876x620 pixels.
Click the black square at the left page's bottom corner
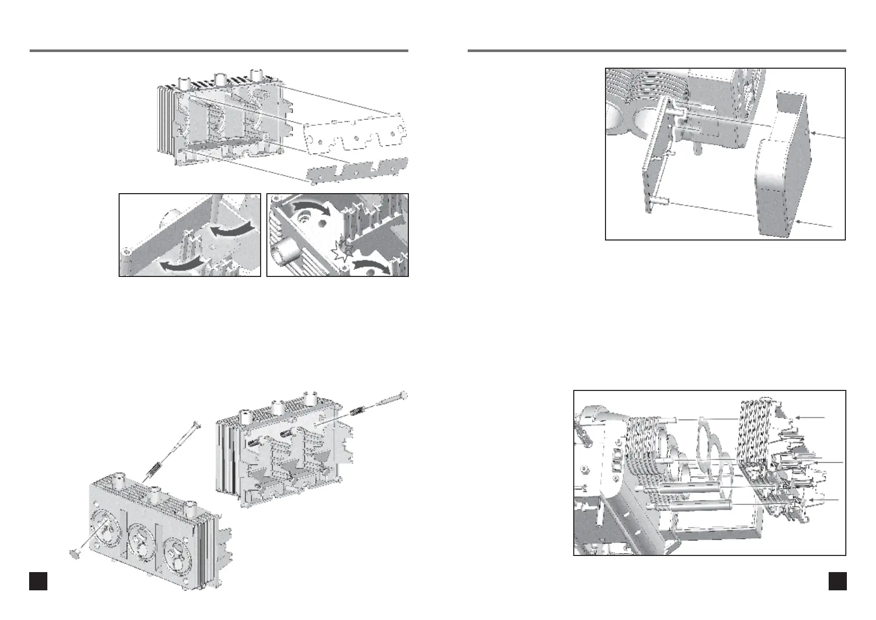[38, 581]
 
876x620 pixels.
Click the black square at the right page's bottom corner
[837, 581]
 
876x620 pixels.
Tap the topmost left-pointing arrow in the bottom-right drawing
[811, 417]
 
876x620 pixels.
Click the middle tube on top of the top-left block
[220, 80]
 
